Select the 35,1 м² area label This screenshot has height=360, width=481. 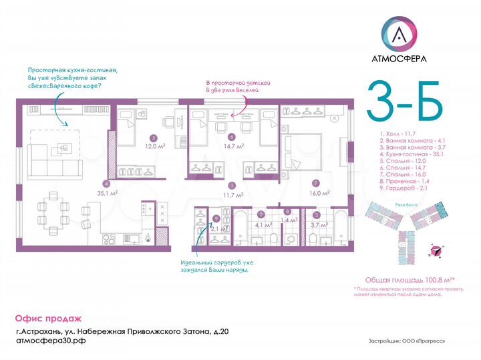click(109, 192)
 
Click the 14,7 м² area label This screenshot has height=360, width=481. click(232, 146)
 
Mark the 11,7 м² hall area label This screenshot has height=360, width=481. click(232, 194)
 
